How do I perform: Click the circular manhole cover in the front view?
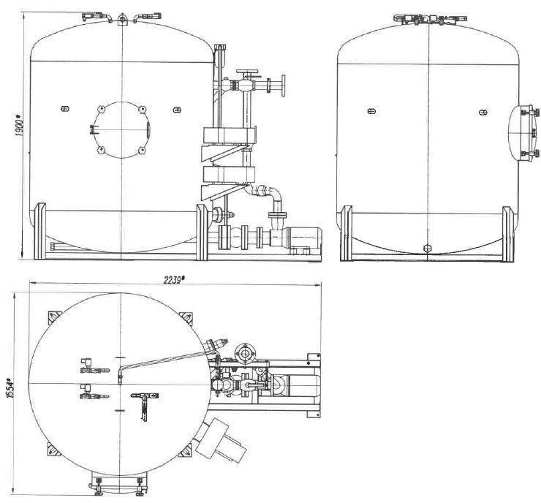(x=121, y=129)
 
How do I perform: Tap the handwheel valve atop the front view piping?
(x=247, y=73)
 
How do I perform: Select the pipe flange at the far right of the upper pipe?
(x=284, y=86)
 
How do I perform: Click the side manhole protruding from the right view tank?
(x=523, y=132)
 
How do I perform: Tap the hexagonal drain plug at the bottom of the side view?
(x=427, y=248)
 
